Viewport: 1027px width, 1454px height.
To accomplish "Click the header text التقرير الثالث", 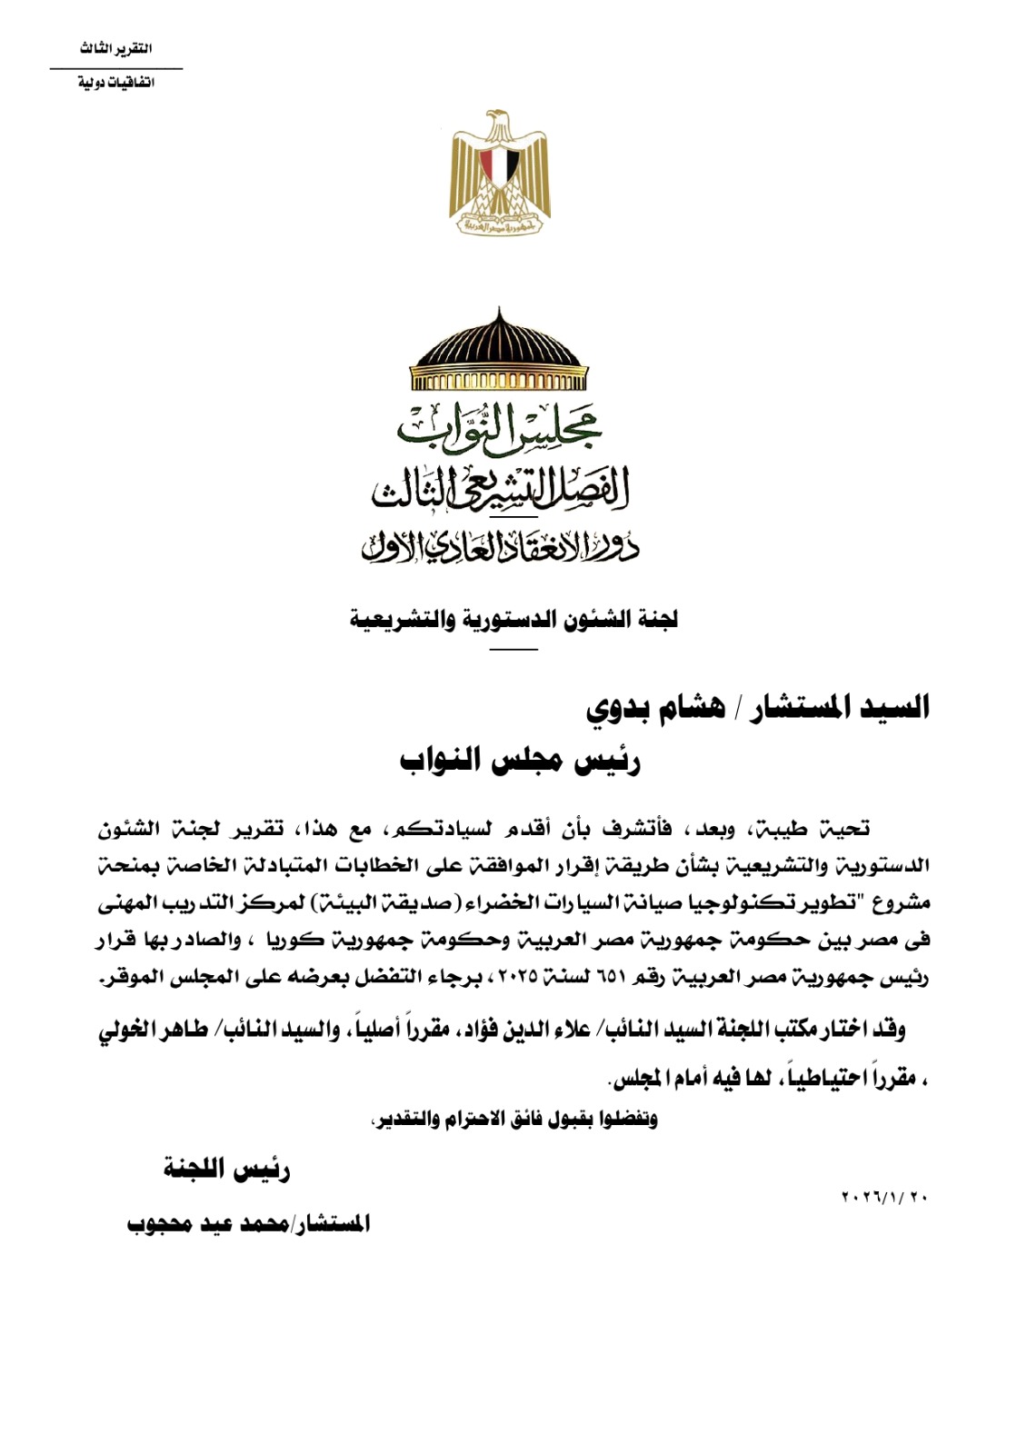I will (x=115, y=49).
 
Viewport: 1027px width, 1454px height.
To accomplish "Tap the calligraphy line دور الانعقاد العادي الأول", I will (x=499, y=544).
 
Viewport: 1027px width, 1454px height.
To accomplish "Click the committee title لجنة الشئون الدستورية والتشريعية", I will (x=513, y=621).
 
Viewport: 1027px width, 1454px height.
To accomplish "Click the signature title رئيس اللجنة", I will (x=226, y=1170).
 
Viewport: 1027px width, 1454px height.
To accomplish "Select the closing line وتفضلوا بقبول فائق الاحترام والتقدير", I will (x=513, y=1119).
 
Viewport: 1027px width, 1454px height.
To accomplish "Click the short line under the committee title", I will (x=513, y=649).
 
